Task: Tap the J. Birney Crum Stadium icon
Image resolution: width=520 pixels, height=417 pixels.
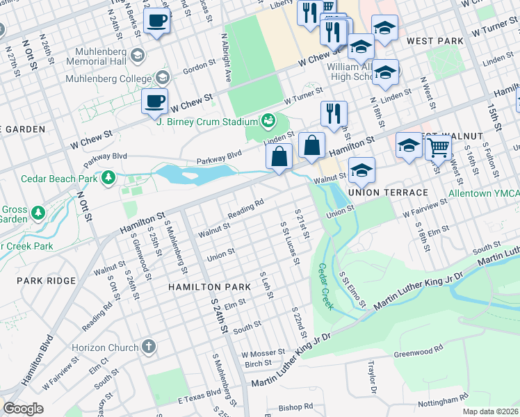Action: pyautogui.click(x=267, y=121)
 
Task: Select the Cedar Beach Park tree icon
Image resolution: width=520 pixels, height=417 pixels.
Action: pyautogui.click(x=108, y=179)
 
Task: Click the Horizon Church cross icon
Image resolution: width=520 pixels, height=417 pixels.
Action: pyautogui.click(x=148, y=346)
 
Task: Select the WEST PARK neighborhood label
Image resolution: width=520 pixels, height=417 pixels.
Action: pyautogui.click(x=435, y=42)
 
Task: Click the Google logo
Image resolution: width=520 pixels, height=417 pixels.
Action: pyautogui.click(x=22, y=409)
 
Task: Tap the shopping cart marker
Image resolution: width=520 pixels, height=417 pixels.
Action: pyautogui.click(x=438, y=146)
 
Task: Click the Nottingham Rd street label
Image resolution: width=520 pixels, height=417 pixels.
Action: pyautogui.click(x=443, y=401)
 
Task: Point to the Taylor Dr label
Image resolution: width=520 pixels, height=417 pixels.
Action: pyautogui.click(x=371, y=375)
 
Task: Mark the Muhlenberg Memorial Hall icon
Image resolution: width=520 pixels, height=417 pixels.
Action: pyautogui.click(x=138, y=54)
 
